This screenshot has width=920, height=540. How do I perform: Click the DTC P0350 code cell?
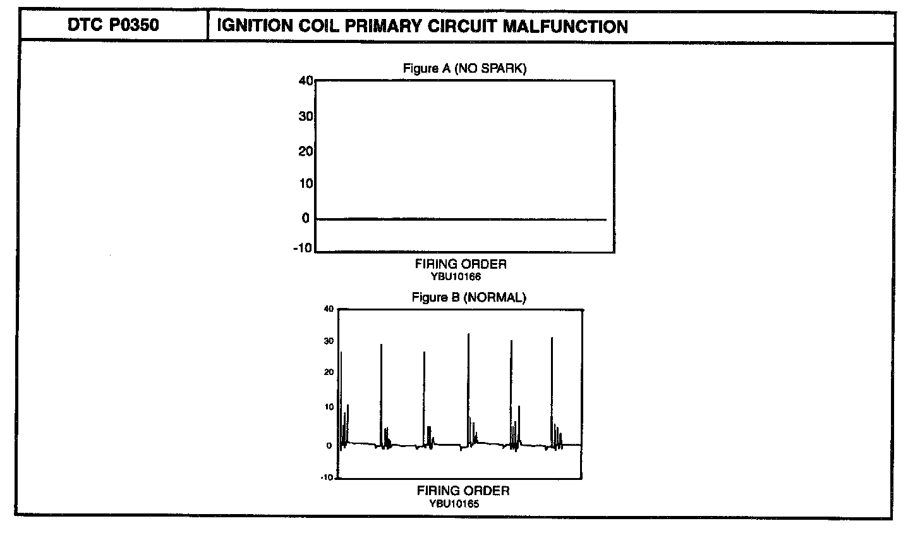click(114, 26)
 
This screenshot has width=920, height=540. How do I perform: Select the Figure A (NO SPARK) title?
click(464, 68)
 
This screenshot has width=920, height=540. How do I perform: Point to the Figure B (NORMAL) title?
click(468, 297)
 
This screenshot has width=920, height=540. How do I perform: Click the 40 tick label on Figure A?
click(306, 81)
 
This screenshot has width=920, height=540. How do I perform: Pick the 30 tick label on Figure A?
click(307, 116)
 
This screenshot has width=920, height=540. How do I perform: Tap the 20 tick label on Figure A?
click(307, 151)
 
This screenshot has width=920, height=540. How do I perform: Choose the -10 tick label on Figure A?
click(303, 248)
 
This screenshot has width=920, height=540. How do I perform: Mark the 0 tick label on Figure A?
click(306, 219)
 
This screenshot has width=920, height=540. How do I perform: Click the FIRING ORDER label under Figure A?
click(461, 264)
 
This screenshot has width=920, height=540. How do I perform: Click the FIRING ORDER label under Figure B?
click(463, 491)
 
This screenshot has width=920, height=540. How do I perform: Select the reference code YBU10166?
click(460, 276)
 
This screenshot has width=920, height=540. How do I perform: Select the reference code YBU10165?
click(463, 503)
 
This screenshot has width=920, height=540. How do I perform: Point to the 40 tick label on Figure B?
click(328, 309)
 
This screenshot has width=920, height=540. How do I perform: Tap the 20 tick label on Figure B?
click(328, 372)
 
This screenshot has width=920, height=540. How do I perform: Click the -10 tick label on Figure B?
click(327, 477)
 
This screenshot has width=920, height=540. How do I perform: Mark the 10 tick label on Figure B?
click(328, 407)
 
